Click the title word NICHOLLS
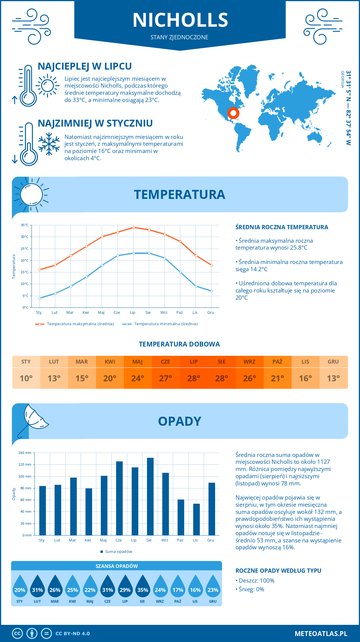click(180, 20)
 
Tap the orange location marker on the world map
click(233, 113)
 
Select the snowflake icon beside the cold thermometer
click(49, 144)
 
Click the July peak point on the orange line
click(133, 227)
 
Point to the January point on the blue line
click(40, 298)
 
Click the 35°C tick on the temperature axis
click(25, 225)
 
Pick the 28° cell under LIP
click(193, 378)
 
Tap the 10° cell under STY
click(26, 378)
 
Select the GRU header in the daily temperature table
click(333, 362)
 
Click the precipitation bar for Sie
click(150, 496)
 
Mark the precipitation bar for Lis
click(196, 519)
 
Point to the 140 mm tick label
click(25, 453)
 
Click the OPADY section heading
click(179, 421)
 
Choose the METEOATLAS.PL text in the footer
click(321, 634)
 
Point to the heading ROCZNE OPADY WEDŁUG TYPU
click(278, 571)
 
